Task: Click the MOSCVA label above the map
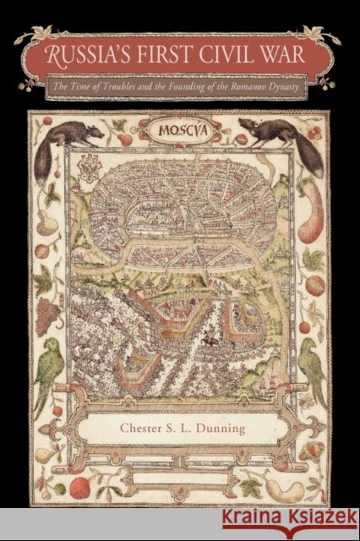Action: point(179,134)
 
